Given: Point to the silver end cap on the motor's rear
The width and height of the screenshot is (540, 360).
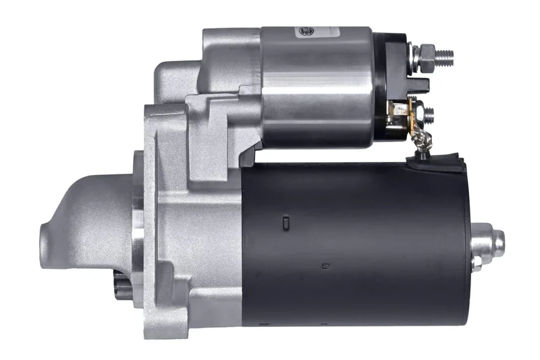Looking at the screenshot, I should (x=488, y=240).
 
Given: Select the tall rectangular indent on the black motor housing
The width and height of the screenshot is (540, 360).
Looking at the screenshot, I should (x=286, y=222).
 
